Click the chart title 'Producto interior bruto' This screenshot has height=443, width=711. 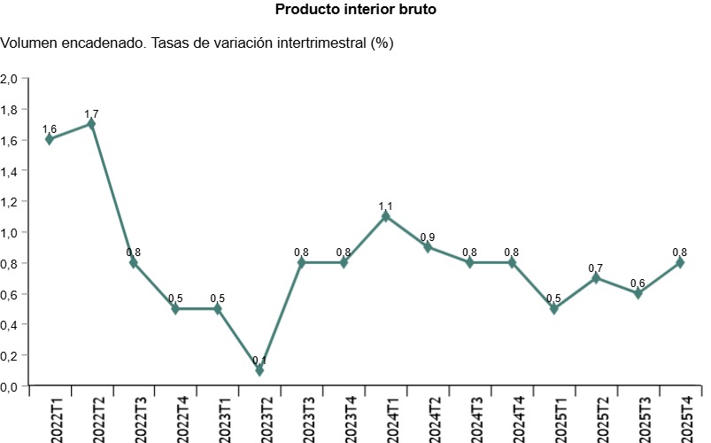pos(356,10)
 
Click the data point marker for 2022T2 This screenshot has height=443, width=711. pos(91,124)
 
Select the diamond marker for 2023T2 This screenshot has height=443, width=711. pos(259,370)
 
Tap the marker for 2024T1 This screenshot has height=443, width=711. pos(386,216)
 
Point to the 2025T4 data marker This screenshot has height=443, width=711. pos(680,262)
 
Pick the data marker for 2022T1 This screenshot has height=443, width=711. pos(50,139)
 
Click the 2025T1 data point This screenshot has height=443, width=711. pos(554,308)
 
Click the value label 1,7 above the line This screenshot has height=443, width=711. pos(91,113)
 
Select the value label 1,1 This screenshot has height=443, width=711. pos(386,206)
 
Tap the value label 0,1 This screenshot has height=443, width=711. pos(259,360)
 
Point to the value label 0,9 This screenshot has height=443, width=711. pos(428,237)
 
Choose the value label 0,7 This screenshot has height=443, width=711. pos(596,268)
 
